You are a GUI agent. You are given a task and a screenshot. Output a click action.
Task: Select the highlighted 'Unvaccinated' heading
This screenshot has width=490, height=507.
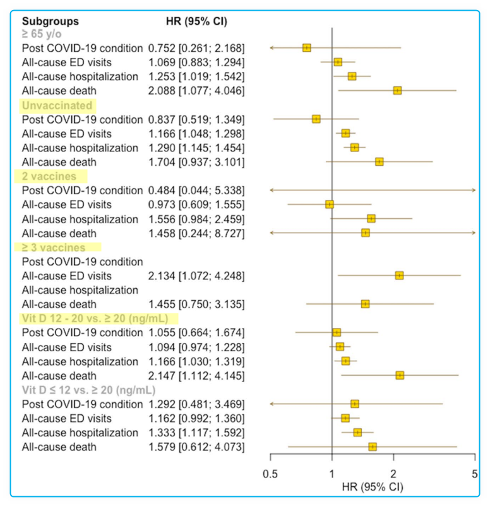(x=57, y=105)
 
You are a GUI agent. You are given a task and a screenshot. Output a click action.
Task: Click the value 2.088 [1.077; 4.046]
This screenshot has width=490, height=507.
(x=196, y=91)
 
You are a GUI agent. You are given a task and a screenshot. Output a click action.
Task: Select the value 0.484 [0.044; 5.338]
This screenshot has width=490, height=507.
(x=196, y=190)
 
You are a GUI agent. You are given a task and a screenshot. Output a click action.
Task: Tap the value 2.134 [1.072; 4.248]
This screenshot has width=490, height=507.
(x=196, y=276)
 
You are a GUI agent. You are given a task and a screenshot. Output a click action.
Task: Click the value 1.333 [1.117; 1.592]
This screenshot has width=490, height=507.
(x=196, y=433)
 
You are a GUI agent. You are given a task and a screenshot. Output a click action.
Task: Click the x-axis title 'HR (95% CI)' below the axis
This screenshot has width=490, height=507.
(x=372, y=487)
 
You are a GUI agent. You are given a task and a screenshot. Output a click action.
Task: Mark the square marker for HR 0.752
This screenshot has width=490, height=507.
(x=307, y=48)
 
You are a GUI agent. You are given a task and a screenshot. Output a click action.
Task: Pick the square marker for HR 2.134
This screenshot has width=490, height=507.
(x=399, y=276)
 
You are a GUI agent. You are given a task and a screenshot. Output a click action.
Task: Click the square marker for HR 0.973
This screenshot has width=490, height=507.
(x=330, y=204)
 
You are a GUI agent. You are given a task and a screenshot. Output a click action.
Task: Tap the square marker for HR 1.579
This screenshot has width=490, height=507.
(x=373, y=446)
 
